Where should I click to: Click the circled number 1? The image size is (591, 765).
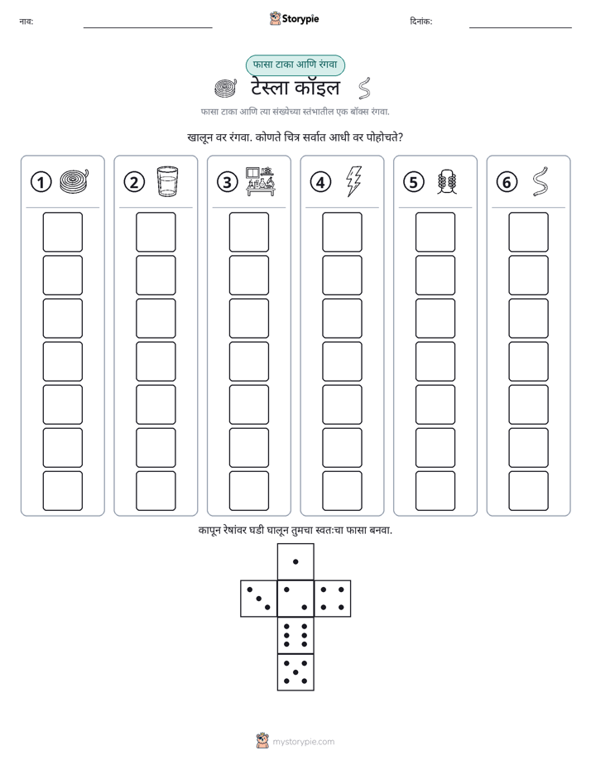(41, 182)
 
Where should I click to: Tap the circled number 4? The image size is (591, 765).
(320, 182)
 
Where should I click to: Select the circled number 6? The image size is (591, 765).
(507, 182)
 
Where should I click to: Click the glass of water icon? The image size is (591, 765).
(167, 181)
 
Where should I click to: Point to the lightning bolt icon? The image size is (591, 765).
(354, 181)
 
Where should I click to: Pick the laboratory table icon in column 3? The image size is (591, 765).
(261, 181)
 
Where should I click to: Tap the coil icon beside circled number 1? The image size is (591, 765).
(74, 181)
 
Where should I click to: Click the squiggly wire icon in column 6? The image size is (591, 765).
(541, 181)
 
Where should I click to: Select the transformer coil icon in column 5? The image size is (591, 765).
(447, 182)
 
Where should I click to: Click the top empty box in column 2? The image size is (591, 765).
(156, 232)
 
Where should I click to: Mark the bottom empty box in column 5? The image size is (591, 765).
(435, 491)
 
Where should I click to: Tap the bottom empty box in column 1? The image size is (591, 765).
(62, 491)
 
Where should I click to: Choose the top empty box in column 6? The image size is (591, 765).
(529, 232)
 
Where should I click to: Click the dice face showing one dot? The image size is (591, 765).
(295, 561)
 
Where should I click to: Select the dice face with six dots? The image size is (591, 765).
(295, 635)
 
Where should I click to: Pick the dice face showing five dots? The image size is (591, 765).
(295, 672)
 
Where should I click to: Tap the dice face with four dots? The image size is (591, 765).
(333, 599)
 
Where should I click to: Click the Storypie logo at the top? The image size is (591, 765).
(294, 19)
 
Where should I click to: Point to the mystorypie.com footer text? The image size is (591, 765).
(303, 742)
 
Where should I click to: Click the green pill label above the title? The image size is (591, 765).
(295, 65)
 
